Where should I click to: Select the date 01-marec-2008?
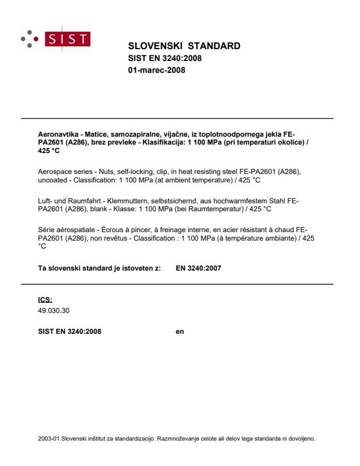coord(157,71)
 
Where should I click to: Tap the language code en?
coord(180,332)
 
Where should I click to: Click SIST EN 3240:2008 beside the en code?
coord(65,332)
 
